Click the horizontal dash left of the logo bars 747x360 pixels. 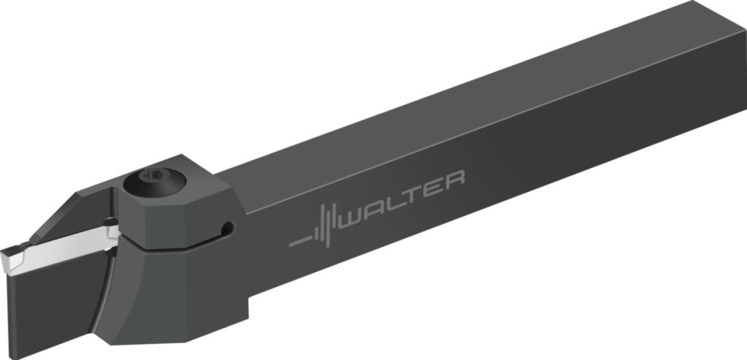(x=301, y=240)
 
